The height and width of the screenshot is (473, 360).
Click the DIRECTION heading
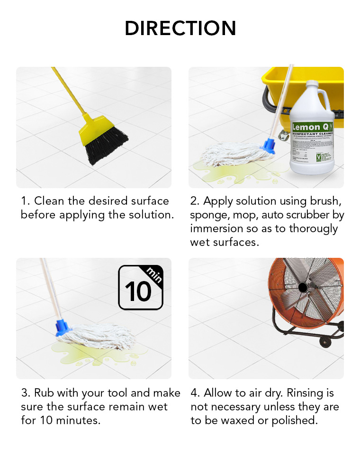[180, 28]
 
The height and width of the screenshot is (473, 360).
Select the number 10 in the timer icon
[138, 291]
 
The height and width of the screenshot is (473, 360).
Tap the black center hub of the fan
[302, 287]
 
